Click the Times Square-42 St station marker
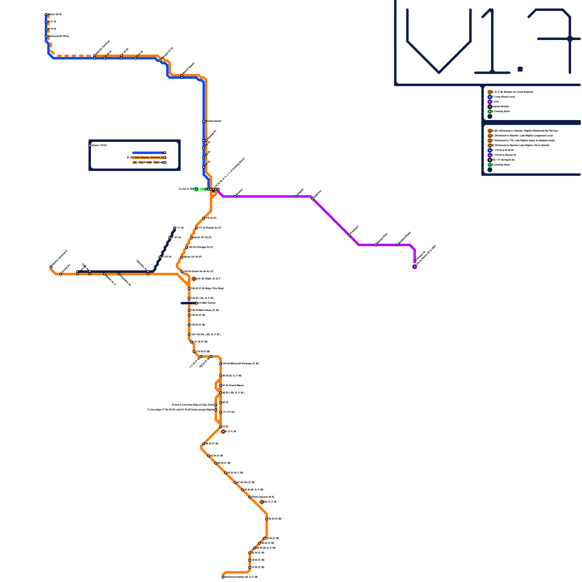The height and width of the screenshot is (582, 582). coord(250,497)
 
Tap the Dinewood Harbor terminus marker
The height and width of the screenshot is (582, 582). coord(223,577)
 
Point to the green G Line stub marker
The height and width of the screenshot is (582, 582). coord(196,189)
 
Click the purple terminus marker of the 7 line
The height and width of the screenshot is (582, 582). coord(415,267)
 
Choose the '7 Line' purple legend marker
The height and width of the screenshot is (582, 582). coord(490,102)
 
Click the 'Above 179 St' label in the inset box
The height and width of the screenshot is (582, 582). coord(99,145)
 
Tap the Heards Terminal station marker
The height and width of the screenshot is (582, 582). coord(51,267)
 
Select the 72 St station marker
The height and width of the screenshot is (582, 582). coord(221,427)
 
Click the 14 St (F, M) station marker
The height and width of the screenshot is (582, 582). coord(250,567)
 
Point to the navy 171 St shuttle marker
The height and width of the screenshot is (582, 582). coord(175,228)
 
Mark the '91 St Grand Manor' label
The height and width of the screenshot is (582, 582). coord(233,386)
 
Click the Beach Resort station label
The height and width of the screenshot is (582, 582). coord(188,69)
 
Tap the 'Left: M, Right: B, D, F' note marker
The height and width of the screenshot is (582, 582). coord(194,279)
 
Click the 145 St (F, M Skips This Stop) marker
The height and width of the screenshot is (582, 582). coord(189,288)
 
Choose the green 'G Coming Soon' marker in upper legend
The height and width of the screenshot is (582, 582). coord(490,112)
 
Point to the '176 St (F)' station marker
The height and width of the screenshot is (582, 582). coord(204,218)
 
